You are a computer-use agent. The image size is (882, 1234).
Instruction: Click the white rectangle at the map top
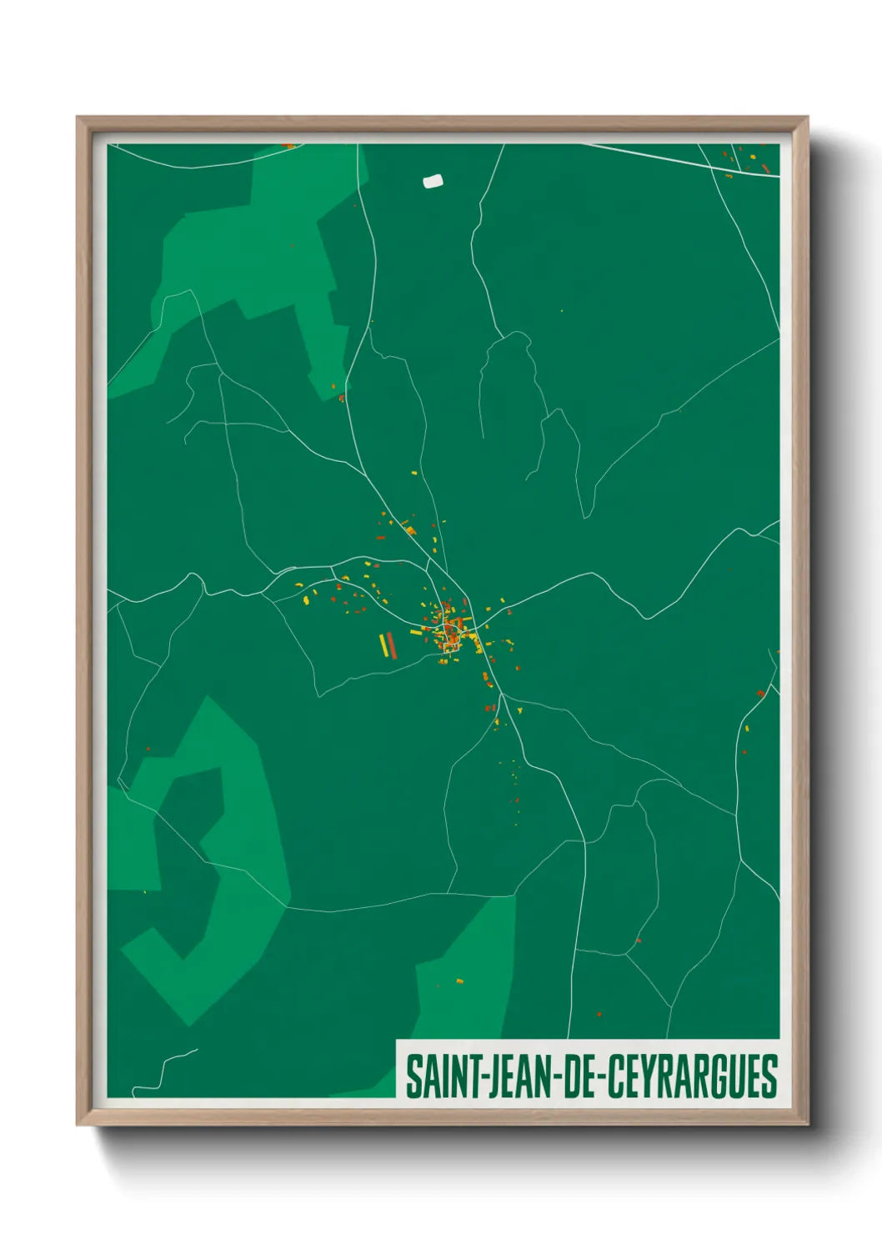[x=433, y=181]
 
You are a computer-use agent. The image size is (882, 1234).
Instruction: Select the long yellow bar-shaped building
[x=384, y=646]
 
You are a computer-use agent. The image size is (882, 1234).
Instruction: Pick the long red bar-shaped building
[x=392, y=645]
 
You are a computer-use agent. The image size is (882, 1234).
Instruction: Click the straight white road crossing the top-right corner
[x=667, y=157]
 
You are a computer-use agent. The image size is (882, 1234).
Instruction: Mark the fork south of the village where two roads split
[x=501, y=693]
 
